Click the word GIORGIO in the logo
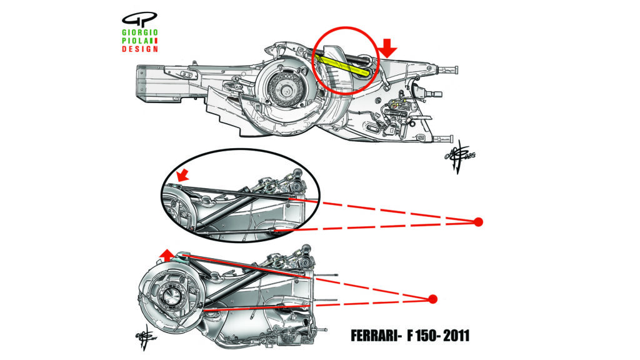[141, 31]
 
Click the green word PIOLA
[135, 40]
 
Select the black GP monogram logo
[137, 17]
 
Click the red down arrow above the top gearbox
[388, 46]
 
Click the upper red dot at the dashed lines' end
[478, 221]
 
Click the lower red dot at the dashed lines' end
[433, 299]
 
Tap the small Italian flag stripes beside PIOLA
[154, 40]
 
